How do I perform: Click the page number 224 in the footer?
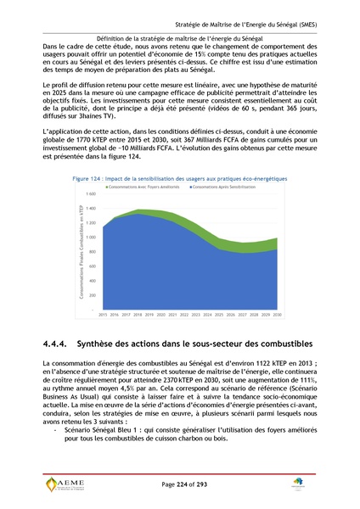[181, 483]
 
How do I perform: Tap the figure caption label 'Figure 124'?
[92, 179]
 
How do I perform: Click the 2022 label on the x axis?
[184, 315]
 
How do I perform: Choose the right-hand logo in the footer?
[300, 484]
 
